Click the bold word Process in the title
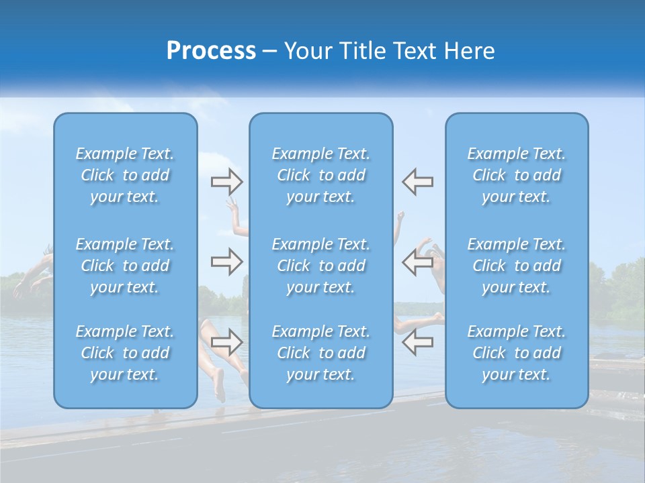coord(211,51)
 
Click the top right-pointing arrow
coord(226,181)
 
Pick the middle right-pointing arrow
coord(226,262)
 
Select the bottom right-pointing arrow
coord(226,342)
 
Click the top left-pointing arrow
coord(417,181)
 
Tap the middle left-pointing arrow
coord(417,262)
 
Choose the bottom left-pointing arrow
coord(417,342)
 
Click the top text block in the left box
coord(125,175)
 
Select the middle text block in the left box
coord(125,266)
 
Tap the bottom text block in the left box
coord(125,353)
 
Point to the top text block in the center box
coord(321,175)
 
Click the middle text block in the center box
coord(321,266)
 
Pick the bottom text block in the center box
coord(321,353)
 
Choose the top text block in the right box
coord(517,175)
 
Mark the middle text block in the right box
coord(517,266)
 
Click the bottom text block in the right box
coord(517,353)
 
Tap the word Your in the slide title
coord(305,51)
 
